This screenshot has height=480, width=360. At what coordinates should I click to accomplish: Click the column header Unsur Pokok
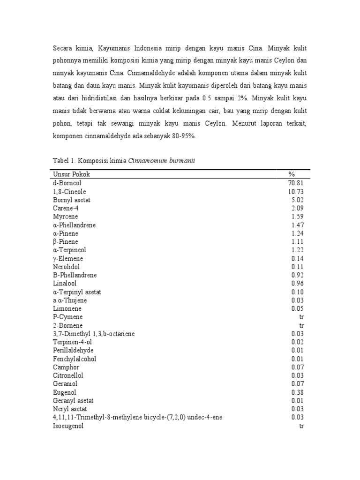click(72, 174)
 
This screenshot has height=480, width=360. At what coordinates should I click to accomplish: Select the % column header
click(292, 174)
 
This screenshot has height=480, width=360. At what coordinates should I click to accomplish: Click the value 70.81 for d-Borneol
click(296, 183)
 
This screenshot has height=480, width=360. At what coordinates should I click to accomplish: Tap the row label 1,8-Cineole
click(69, 191)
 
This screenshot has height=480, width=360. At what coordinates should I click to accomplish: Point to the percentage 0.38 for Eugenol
click(298, 392)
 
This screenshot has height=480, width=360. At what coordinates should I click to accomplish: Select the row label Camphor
click(66, 367)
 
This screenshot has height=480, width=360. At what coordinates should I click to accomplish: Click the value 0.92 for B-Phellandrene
click(298, 275)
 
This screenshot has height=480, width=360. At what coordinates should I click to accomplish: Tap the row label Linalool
click(65, 284)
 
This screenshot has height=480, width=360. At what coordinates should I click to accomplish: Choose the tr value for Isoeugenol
click(301, 426)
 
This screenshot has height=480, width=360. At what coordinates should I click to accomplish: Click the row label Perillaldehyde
click(73, 350)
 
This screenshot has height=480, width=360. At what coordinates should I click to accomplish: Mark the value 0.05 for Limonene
click(298, 308)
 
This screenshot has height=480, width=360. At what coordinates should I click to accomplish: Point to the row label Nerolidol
click(66, 267)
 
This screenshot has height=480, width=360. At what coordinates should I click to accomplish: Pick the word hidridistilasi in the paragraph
click(108, 98)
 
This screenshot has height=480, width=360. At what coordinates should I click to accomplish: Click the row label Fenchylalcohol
click(75, 359)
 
